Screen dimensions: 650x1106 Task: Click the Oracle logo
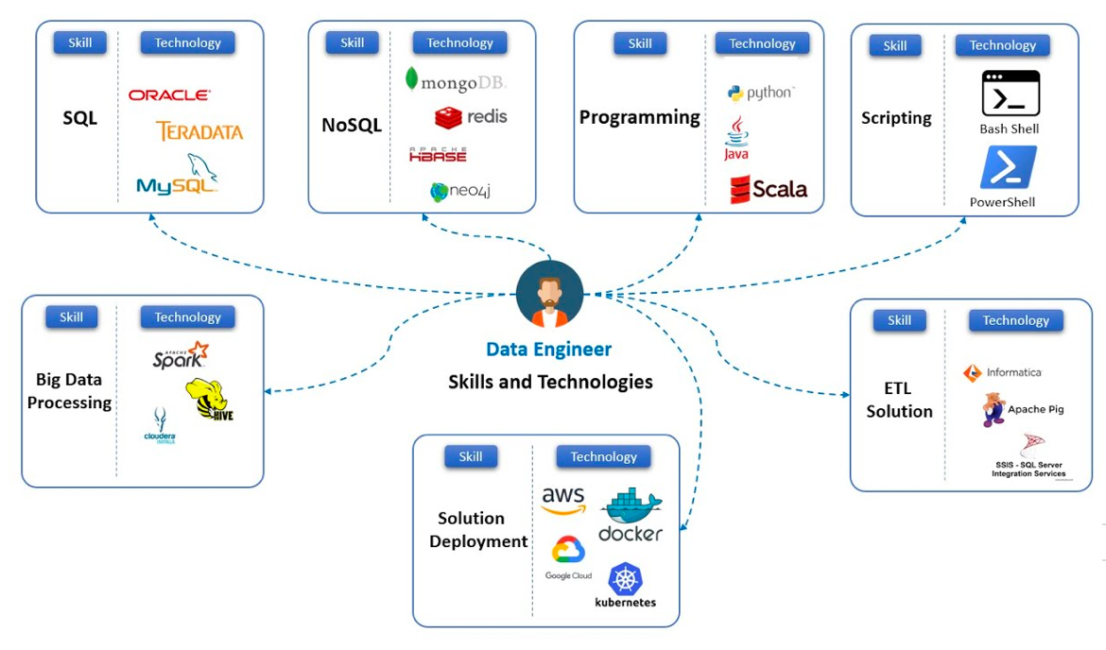(x=169, y=95)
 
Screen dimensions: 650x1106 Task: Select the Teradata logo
(x=199, y=131)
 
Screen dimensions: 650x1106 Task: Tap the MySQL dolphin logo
(x=178, y=176)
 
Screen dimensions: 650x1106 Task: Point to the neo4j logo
(x=460, y=192)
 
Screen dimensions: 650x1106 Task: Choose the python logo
(x=761, y=93)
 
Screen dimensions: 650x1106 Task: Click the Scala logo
(x=769, y=189)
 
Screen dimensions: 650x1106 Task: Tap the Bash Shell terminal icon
(x=1010, y=94)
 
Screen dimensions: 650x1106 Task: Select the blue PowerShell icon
(x=1008, y=167)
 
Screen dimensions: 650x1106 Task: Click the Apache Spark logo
(x=180, y=356)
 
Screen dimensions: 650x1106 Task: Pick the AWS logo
(x=563, y=500)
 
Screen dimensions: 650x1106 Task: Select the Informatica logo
(x=1002, y=372)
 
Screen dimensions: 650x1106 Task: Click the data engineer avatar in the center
(x=550, y=294)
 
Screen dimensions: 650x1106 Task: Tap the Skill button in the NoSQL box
(x=352, y=43)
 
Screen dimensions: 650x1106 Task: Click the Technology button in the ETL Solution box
(x=1015, y=320)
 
